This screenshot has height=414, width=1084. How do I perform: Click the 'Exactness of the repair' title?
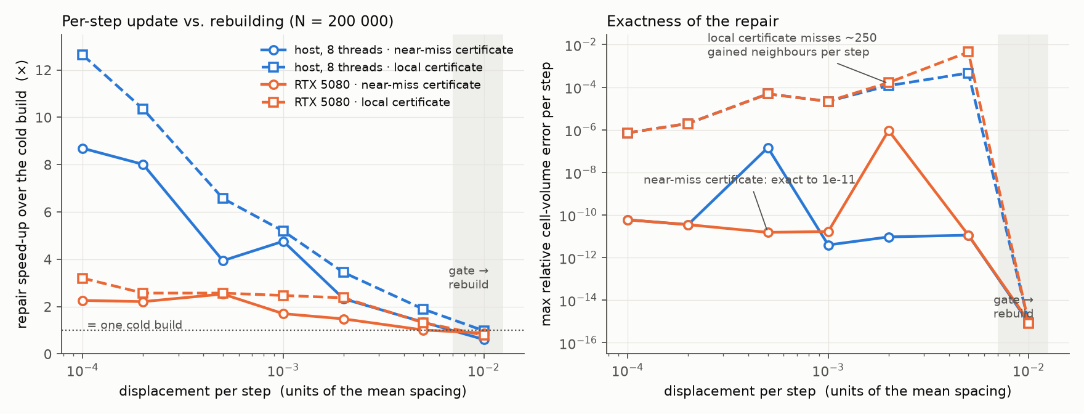692,22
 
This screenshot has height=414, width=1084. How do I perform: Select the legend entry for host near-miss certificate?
387,50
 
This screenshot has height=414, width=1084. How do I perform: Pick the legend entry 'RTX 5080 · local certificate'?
355,102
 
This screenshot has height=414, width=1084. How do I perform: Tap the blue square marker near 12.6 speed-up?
83,55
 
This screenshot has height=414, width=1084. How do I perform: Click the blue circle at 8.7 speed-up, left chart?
83,148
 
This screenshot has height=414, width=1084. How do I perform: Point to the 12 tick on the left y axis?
45,70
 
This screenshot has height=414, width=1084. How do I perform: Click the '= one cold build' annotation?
135,325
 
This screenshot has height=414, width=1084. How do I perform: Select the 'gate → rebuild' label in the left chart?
469,277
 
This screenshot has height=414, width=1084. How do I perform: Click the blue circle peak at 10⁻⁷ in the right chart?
768,148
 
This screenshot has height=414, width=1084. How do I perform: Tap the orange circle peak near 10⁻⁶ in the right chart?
889,131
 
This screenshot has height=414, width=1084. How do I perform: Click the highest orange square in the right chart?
968,52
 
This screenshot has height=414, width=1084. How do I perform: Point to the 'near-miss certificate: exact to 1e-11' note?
750,180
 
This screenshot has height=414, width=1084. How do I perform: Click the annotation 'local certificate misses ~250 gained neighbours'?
792,45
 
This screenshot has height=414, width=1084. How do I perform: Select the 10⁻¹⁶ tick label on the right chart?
578,343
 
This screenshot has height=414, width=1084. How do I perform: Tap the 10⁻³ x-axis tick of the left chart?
283,370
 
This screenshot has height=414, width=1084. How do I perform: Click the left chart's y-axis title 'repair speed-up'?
22,194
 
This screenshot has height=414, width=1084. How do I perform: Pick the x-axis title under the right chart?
838,391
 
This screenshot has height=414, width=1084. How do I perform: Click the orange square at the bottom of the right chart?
1029,323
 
